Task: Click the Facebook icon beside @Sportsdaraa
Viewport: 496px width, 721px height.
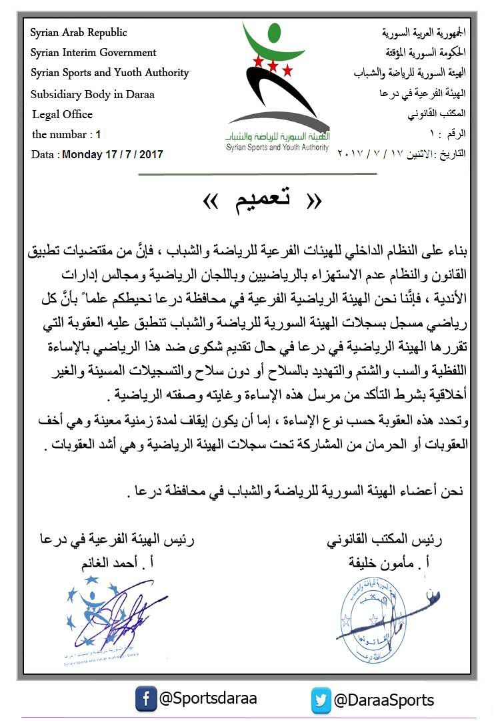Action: click(146, 700)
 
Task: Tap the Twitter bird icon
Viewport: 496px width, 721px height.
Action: click(321, 701)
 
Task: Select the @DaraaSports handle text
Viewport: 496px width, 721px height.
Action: click(383, 700)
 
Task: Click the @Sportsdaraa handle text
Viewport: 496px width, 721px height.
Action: click(207, 699)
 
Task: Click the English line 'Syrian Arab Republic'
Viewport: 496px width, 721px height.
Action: click(79, 33)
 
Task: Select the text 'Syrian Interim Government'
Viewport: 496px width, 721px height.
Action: click(93, 53)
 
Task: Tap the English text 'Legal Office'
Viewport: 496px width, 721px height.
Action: click(62, 114)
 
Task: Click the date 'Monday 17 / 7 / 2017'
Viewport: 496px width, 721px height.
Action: click(112, 154)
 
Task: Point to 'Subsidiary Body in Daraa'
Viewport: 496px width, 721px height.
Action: click(93, 94)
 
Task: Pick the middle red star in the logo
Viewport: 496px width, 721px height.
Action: click(273, 65)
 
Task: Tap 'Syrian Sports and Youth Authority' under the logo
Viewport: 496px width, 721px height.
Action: click(277, 146)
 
